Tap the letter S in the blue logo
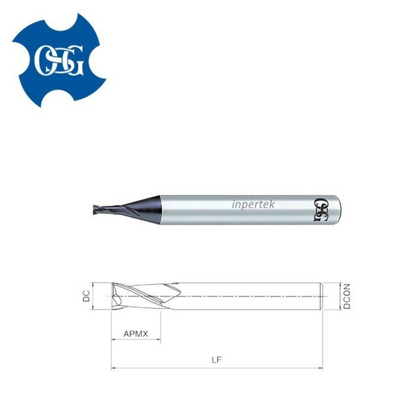point(60,59)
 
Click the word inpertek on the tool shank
point(255,204)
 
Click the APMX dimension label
point(136,334)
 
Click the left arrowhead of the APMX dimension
point(114,341)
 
